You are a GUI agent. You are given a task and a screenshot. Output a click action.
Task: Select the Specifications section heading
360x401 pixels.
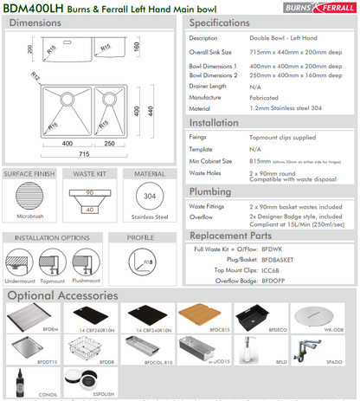pos(227,23)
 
